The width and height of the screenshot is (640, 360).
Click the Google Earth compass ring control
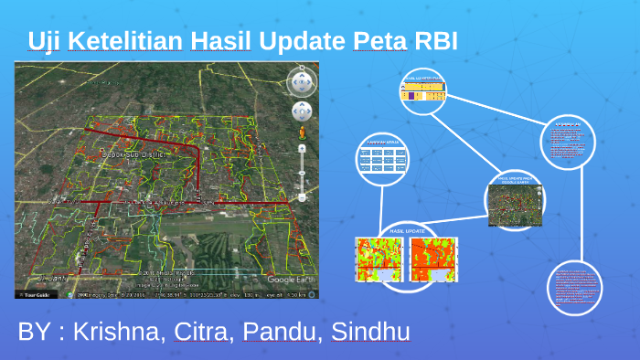(x=301, y=83)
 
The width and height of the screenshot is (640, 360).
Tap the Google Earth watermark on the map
(x=290, y=280)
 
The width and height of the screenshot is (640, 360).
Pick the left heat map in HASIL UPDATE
(x=378, y=259)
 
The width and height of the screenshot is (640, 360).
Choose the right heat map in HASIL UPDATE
(x=432, y=259)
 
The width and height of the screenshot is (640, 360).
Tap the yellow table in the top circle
(x=422, y=90)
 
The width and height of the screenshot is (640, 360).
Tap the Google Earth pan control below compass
(x=301, y=111)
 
